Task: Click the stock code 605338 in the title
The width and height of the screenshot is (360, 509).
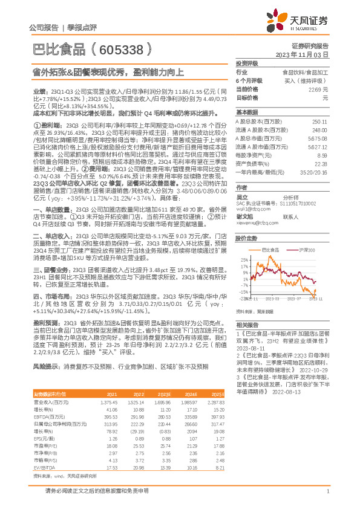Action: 125,49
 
